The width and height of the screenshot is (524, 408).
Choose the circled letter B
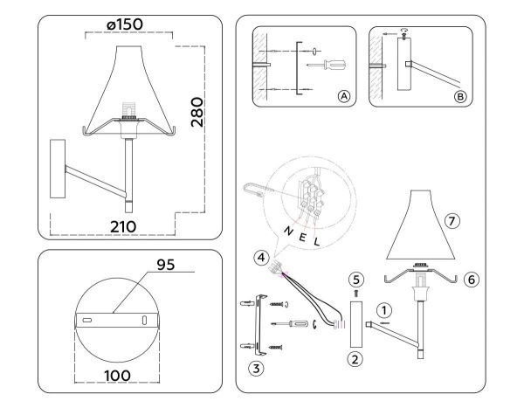click(x=460, y=96)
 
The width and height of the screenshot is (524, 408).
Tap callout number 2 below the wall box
click(x=355, y=358)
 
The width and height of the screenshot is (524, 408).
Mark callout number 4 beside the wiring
click(x=261, y=257)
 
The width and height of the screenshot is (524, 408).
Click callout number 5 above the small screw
click(x=355, y=279)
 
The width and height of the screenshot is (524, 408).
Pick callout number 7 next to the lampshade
click(x=452, y=220)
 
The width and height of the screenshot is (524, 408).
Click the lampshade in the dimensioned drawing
click(x=128, y=83)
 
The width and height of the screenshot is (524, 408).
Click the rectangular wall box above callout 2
click(x=355, y=323)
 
